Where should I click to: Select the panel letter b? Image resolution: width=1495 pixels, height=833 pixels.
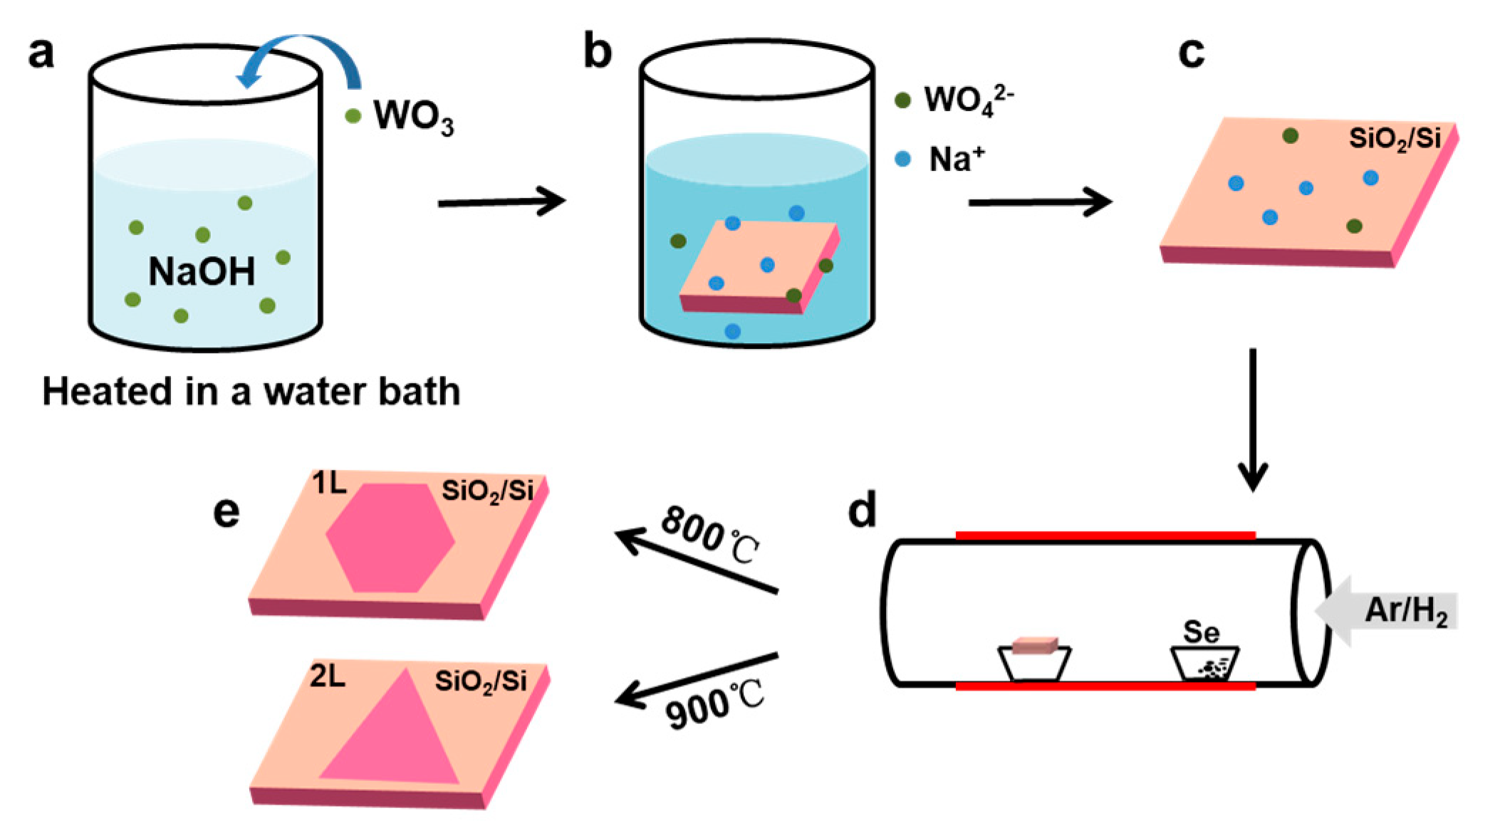click(597, 52)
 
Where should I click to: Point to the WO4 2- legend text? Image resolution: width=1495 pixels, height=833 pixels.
click(968, 101)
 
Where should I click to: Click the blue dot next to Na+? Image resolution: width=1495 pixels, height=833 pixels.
click(902, 159)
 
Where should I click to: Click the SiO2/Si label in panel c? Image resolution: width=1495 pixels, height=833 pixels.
click(1395, 139)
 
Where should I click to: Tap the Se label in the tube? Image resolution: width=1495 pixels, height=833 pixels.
click(1201, 632)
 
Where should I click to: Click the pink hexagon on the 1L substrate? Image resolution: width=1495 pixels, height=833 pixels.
click(390, 538)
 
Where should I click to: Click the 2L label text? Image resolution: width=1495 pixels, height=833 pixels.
click(328, 677)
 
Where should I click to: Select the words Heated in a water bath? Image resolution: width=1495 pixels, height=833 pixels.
click(251, 392)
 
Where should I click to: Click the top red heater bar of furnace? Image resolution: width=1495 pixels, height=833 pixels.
click(1104, 535)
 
